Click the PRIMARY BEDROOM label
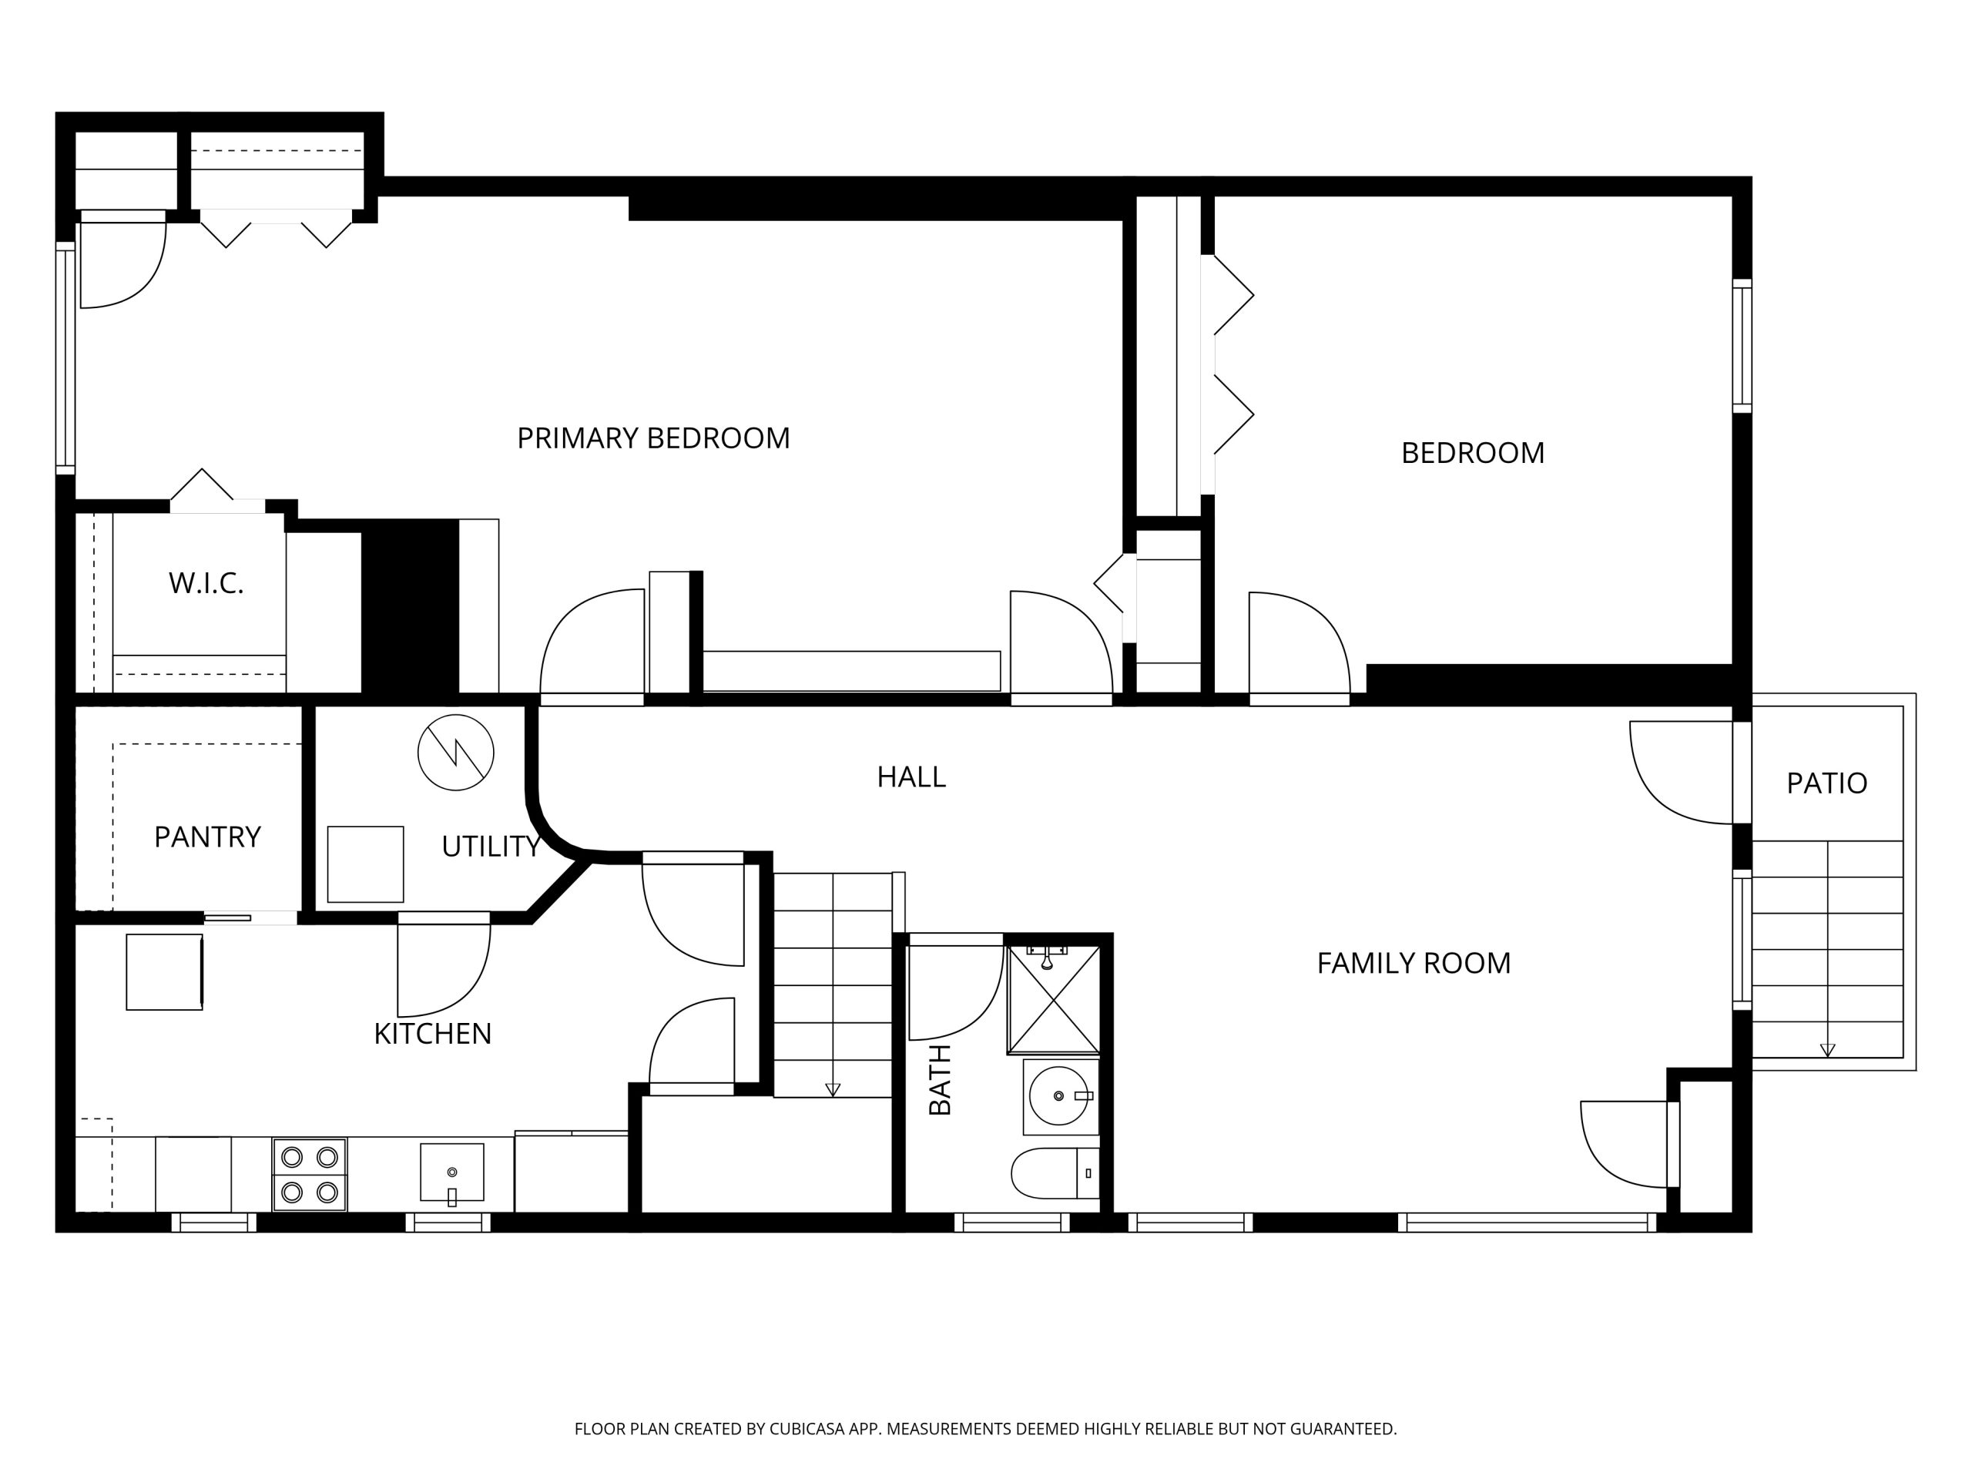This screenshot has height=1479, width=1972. tap(653, 438)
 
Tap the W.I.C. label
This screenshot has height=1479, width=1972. tap(206, 583)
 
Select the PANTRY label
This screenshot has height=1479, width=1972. tap(208, 837)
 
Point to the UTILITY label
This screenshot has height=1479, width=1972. tap(491, 846)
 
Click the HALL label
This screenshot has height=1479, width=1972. tap(911, 776)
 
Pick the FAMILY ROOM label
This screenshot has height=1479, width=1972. tap(1414, 963)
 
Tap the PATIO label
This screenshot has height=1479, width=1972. tap(1826, 783)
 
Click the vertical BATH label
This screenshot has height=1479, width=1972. tap(941, 1080)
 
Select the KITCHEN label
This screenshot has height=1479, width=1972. tap(432, 1033)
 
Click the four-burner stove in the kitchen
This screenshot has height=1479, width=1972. tap(310, 1174)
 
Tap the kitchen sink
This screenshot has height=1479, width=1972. tap(452, 1172)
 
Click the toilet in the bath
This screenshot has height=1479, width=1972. tap(1055, 1173)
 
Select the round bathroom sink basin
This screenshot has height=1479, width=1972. tap(1059, 1095)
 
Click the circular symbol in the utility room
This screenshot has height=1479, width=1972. tap(455, 753)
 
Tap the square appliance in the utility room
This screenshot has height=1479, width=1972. tap(366, 864)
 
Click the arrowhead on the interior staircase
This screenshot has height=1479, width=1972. tap(833, 1089)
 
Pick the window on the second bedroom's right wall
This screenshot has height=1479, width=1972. tap(1742, 346)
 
